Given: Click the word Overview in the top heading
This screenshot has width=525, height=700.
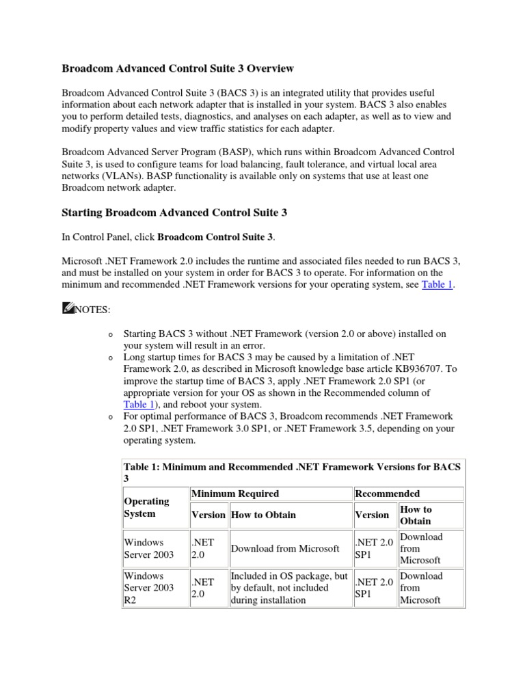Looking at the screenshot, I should point(271,68).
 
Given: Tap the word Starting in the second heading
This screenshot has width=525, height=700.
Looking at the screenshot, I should point(82,213).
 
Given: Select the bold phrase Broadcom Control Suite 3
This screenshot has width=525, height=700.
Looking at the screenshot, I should point(215,237).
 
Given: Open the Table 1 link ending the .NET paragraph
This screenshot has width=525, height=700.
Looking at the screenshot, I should point(437,285).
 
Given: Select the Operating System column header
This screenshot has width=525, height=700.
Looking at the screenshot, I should point(146,507).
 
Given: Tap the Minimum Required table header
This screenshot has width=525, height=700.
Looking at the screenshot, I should point(234,494).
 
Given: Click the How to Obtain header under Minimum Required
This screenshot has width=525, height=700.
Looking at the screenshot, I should point(263,515).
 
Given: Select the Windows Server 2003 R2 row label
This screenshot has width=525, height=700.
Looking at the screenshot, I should point(148,587).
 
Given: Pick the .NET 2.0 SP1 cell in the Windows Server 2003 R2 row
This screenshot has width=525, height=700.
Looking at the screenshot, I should point(373,588).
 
